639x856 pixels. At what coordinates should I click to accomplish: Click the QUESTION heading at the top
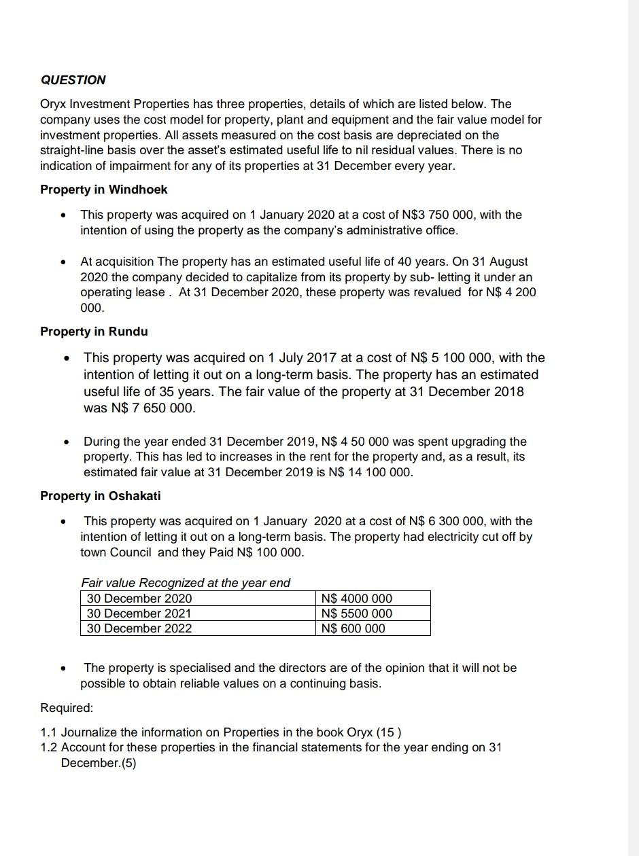pyautogui.click(x=73, y=80)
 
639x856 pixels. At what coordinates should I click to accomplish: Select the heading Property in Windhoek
pyautogui.click(x=103, y=190)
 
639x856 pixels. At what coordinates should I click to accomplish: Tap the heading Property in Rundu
pyautogui.click(x=94, y=332)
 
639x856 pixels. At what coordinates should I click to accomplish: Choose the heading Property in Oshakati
pyautogui.click(x=101, y=496)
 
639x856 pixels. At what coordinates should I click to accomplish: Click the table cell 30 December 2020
pyautogui.click(x=139, y=599)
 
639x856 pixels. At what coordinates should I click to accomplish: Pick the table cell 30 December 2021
pyautogui.click(x=139, y=613)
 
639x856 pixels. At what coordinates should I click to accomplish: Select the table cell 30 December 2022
pyautogui.click(x=139, y=628)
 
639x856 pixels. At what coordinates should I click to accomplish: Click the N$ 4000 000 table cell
pyautogui.click(x=357, y=599)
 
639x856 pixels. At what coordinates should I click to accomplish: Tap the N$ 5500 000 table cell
pyautogui.click(x=357, y=613)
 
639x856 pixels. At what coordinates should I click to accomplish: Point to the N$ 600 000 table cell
pyautogui.click(x=353, y=628)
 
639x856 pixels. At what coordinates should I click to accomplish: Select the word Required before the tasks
pyautogui.click(x=66, y=708)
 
